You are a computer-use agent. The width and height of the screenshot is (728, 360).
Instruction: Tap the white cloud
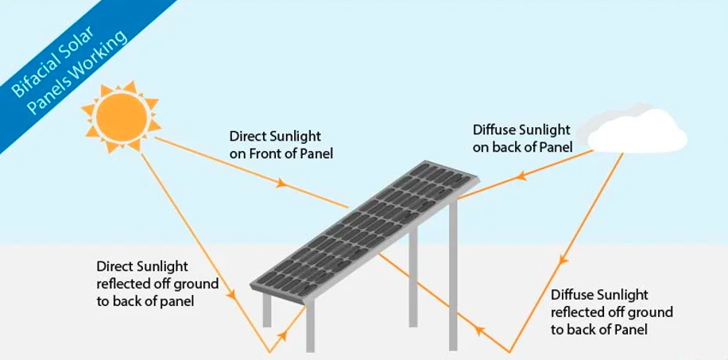pyautogui.click(x=636, y=130)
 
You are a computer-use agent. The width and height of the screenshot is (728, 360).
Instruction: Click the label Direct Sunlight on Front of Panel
pyautogui.click(x=281, y=145)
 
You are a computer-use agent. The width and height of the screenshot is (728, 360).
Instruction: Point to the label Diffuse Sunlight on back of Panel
pyautogui.click(x=522, y=138)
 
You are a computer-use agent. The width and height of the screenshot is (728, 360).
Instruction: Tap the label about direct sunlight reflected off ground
pyautogui.click(x=157, y=284)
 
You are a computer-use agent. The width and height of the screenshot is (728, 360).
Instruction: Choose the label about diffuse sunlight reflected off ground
pyautogui.click(x=611, y=312)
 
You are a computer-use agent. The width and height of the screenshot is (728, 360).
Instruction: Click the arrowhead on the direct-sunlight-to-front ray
pyautogui.click(x=281, y=183)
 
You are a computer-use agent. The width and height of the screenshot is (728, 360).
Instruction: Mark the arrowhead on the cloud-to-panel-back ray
pyautogui.click(x=522, y=176)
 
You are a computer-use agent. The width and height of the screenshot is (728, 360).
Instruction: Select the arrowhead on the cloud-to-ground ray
pyautogui.click(x=563, y=261)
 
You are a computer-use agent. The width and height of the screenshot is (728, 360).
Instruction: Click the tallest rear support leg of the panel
pyautogui.click(x=453, y=274)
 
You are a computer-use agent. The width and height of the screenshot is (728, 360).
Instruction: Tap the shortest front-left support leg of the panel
pyautogui.click(x=267, y=310)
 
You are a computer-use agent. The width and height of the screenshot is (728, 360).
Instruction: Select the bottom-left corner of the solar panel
pyautogui.click(x=250, y=285)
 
